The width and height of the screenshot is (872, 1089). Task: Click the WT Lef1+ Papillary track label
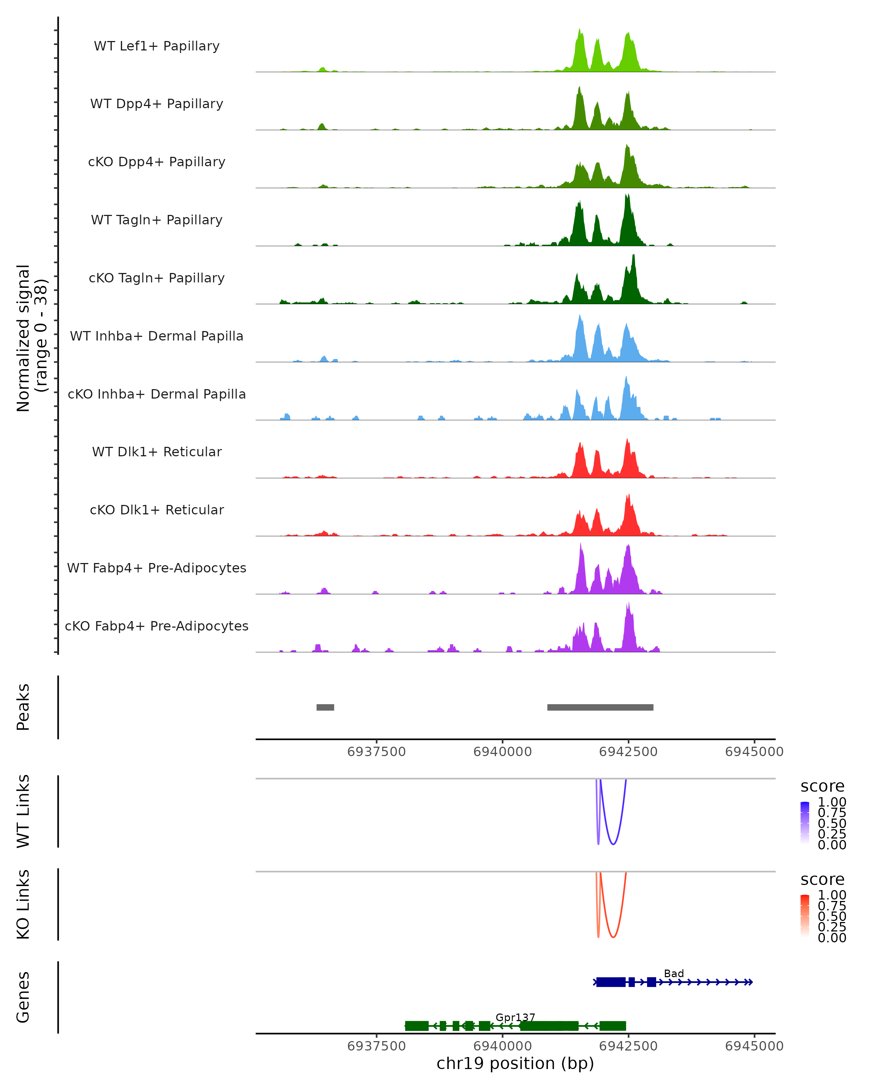point(157,46)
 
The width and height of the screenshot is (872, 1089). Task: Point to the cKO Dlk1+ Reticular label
point(157,510)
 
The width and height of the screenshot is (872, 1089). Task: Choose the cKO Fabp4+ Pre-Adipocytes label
point(157,626)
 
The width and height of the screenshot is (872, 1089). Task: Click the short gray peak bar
point(325,707)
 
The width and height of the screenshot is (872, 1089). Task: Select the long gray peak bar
point(600,707)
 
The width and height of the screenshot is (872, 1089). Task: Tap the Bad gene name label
point(674,973)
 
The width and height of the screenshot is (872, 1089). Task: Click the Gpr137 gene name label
point(515,1017)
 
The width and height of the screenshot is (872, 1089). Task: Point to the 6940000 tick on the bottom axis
point(502,1046)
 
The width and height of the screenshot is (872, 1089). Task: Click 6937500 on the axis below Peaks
point(377,752)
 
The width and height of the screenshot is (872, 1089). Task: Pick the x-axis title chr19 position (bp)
point(515,1064)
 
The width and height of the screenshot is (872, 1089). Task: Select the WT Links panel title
point(23,811)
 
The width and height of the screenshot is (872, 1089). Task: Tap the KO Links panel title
point(23,904)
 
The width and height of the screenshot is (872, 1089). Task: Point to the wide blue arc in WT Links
point(613,844)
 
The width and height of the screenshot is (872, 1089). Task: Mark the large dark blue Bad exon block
point(611,982)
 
